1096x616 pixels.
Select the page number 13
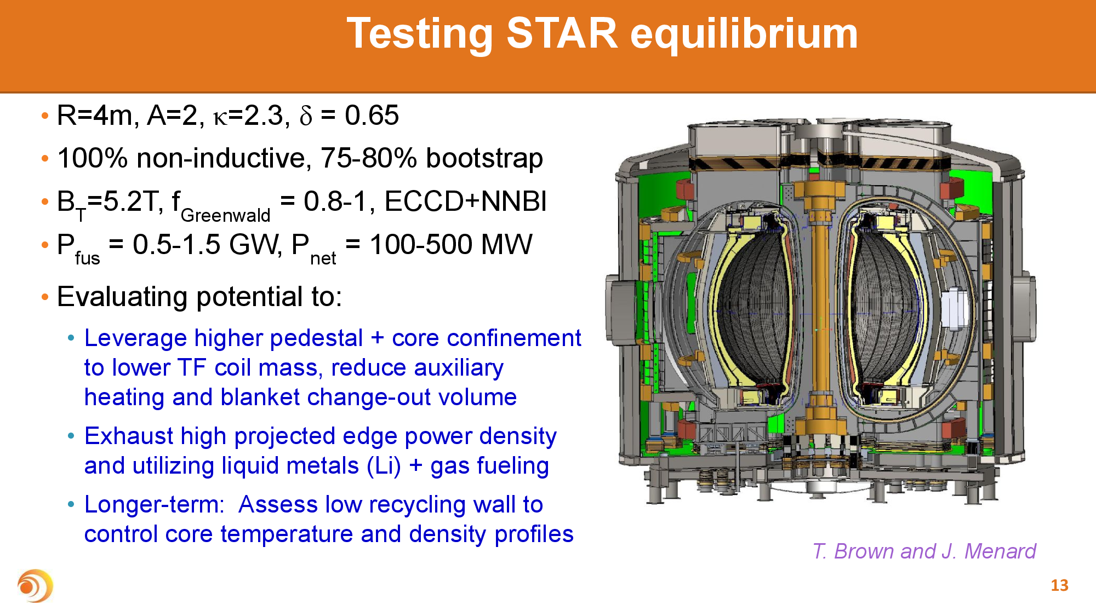click(1059, 585)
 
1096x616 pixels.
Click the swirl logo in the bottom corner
click(35, 586)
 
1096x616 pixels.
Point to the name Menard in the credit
click(1000, 551)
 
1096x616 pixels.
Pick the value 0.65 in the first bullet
click(372, 116)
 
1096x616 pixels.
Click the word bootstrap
click(484, 159)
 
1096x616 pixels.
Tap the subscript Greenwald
click(225, 215)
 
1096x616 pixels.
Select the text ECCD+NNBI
click(465, 202)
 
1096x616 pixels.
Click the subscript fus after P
click(87, 258)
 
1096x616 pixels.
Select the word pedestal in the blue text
click(316, 338)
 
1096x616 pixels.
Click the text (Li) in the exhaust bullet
click(384, 467)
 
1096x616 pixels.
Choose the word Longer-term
click(154, 505)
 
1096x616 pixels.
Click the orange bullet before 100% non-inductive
click(45, 159)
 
